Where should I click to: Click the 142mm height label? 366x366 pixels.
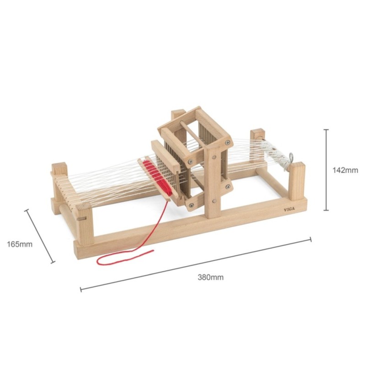click(345, 170)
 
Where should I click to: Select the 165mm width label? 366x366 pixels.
click(20, 244)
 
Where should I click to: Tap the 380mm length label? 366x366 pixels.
click(210, 277)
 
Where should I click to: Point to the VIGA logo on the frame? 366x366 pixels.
click(289, 210)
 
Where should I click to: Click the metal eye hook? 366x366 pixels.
click(291, 157)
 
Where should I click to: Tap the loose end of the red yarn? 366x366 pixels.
click(153, 251)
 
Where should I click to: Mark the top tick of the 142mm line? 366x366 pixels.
click(326, 129)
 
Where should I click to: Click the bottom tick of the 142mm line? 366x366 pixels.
click(326, 210)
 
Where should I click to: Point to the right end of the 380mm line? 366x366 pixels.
click(311, 239)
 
